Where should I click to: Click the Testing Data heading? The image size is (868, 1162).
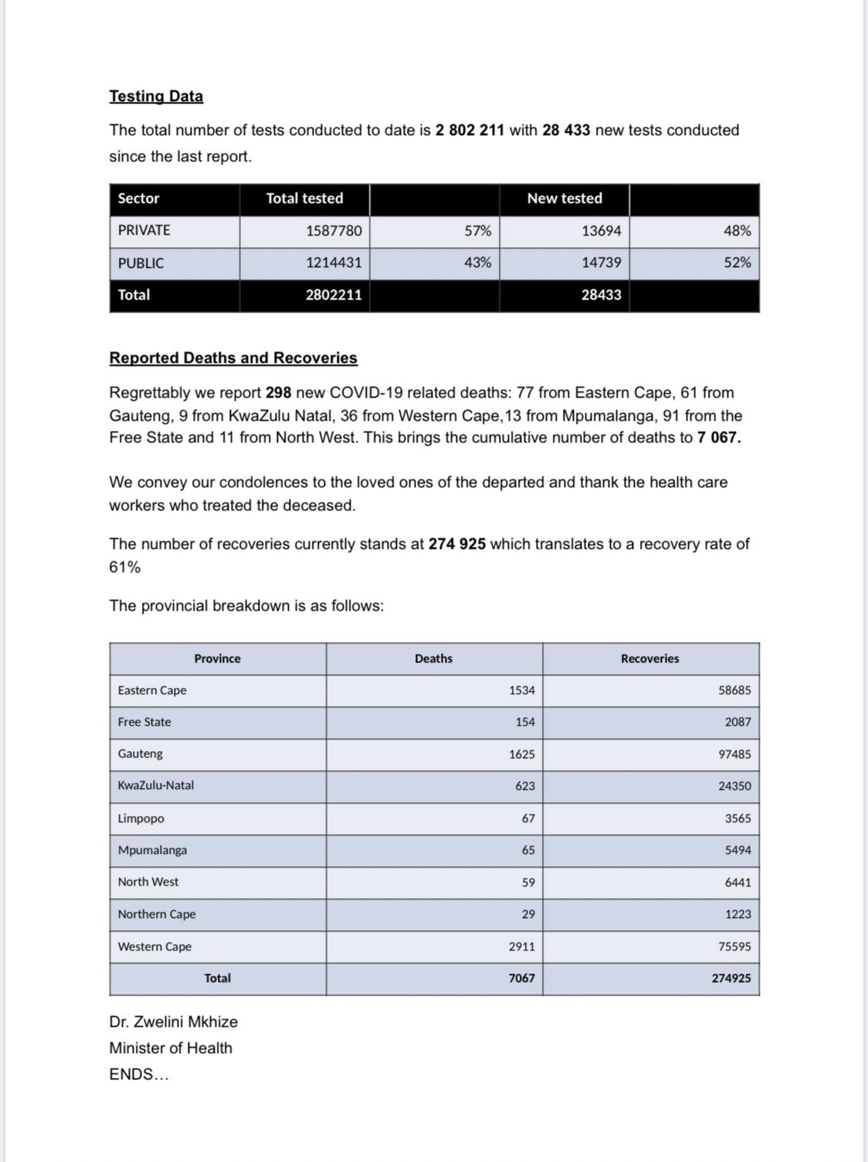pyautogui.click(x=156, y=97)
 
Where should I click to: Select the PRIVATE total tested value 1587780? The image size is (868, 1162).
pyautogui.click(x=334, y=231)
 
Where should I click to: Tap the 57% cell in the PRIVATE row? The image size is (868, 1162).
pyautogui.click(x=477, y=231)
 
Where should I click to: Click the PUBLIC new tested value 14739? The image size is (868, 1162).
pyautogui.click(x=601, y=263)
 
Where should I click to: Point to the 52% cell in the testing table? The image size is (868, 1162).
pyautogui.click(x=737, y=263)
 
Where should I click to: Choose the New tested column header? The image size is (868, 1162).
pyautogui.click(x=565, y=198)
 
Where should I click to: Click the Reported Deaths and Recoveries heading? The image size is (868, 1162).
pyautogui.click(x=233, y=358)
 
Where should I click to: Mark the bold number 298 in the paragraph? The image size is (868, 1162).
pyautogui.click(x=278, y=393)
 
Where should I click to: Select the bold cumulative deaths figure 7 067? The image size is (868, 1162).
pyautogui.click(x=718, y=438)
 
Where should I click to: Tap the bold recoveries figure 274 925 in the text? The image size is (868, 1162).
pyautogui.click(x=457, y=544)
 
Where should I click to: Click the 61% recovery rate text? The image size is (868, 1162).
pyautogui.click(x=125, y=567)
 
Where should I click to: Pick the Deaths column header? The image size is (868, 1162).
pyautogui.click(x=433, y=659)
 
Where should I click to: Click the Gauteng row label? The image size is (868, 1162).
pyautogui.click(x=141, y=754)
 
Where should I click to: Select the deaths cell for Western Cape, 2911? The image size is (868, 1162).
pyautogui.click(x=521, y=947)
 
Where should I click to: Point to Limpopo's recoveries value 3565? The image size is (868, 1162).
pyautogui.click(x=737, y=818)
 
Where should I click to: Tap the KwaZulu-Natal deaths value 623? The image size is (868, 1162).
pyautogui.click(x=525, y=786)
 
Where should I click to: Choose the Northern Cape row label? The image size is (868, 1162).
pyautogui.click(x=157, y=914)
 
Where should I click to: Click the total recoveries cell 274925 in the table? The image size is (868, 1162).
pyautogui.click(x=731, y=978)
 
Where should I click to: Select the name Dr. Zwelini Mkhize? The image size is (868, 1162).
pyautogui.click(x=174, y=1022)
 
